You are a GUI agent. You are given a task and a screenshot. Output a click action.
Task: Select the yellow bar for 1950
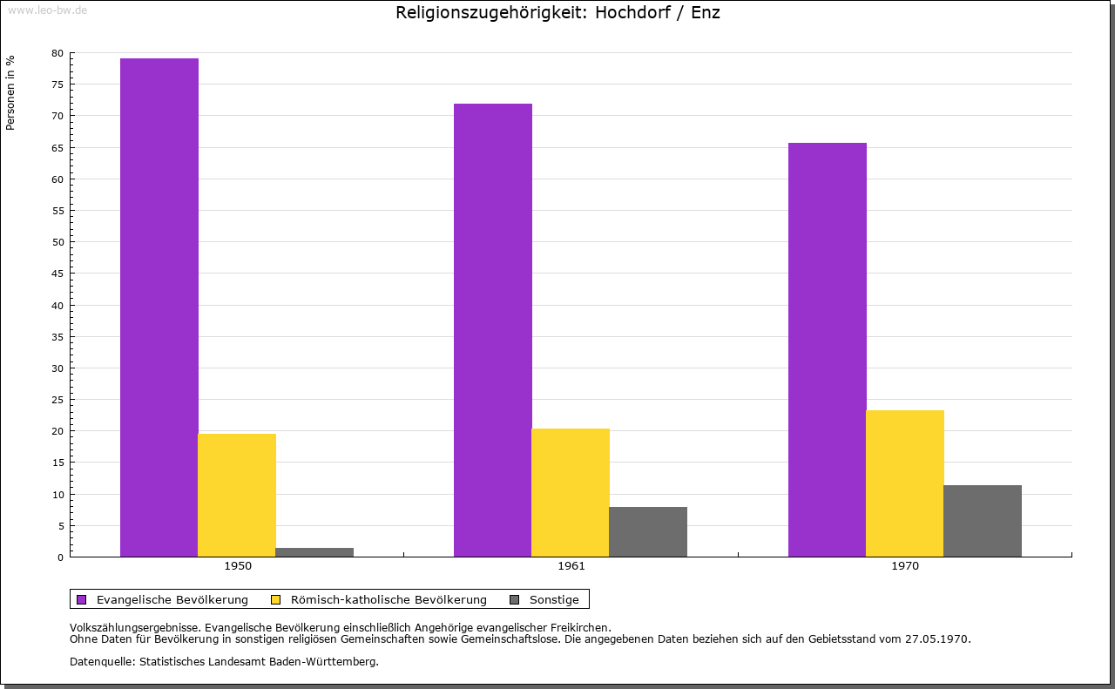tap(237, 495)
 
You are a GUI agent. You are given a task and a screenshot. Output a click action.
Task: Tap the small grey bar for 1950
tap(314, 552)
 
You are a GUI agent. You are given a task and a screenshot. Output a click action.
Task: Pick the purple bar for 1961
tap(493, 330)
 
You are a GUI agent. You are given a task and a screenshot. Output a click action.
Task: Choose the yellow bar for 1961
tap(571, 492)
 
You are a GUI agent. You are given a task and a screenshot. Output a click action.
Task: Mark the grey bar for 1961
tap(648, 531)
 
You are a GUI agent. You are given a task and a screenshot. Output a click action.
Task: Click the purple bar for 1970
tap(828, 349)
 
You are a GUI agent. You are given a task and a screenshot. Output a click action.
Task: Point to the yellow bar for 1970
tap(905, 483)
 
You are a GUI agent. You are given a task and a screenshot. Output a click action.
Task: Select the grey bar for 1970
tap(983, 521)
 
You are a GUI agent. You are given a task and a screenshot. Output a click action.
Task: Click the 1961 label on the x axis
tap(571, 566)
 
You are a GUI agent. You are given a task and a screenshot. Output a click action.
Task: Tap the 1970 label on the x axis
tap(905, 566)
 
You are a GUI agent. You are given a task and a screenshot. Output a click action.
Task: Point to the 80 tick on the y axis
tap(57, 53)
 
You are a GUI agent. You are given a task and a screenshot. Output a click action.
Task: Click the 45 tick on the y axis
tap(57, 274)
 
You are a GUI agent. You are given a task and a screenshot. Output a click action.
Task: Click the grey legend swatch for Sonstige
tap(514, 599)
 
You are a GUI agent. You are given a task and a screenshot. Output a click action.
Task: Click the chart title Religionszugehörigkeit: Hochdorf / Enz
tap(557, 13)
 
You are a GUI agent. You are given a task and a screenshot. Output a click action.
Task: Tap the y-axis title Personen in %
tap(10, 92)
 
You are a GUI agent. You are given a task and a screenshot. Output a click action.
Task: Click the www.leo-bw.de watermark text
tap(47, 10)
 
